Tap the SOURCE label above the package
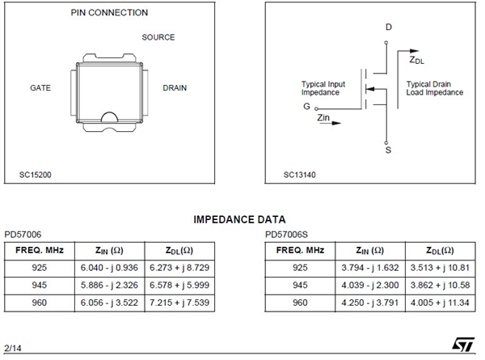click(x=158, y=37)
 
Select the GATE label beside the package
click(x=41, y=87)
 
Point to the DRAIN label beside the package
click(x=176, y=87)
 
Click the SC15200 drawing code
click(x=36, y=174)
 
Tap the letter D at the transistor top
click(x=389, y=28)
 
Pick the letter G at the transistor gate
click(x=306, y=106)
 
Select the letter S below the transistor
click(x=389, y=150)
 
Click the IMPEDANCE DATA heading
click(x=239, y=219)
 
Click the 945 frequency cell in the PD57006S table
click(x=300, y=285)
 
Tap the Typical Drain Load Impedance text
click(x=434, y=88)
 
